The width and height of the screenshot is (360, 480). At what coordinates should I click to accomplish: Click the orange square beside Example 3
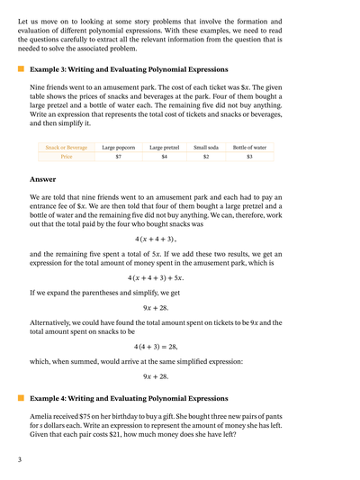pyautogui.click(x=20, y=68)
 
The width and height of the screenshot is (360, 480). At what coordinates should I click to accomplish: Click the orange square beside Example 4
pyautogui.click(x=20, y=397)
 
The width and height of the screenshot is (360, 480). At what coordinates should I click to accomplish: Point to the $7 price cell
pyautogui.click(x=119, y=157)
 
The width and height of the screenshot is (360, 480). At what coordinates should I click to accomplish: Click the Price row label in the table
pyautogui.click(x=67, y=157)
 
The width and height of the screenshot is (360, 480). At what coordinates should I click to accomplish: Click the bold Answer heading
pyautogui.click(x=43, y=179)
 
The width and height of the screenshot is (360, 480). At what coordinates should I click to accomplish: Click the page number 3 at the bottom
pyautogui.click(x=19, y=460)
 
